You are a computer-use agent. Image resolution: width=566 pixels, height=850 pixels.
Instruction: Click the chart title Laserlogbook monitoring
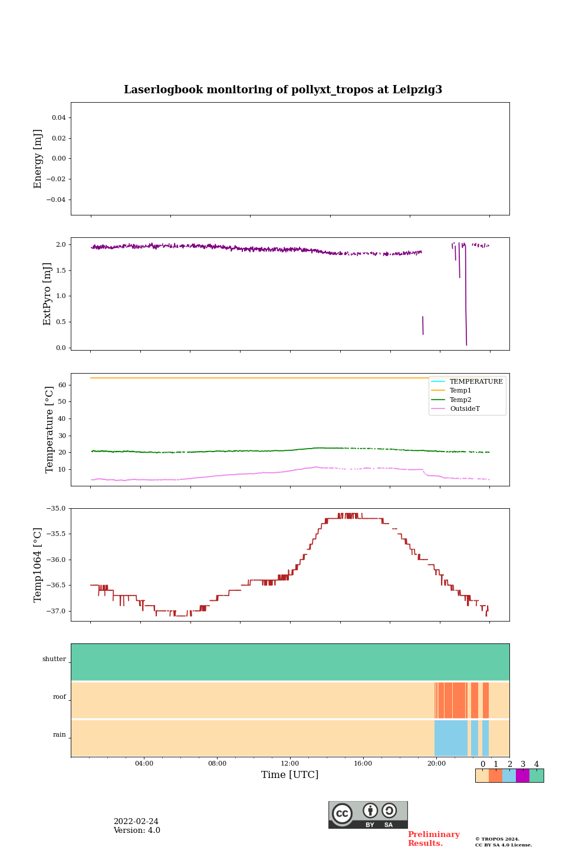[x=282, y=90]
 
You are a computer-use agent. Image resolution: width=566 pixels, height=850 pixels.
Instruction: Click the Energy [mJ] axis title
[x=38, y=159]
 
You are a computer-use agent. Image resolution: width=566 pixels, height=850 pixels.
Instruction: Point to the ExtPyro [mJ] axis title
[x=47, y=294]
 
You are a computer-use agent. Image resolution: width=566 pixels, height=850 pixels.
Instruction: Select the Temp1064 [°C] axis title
[x=38, y=565]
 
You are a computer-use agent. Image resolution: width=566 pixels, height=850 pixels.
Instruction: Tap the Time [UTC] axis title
[x=289, y=774]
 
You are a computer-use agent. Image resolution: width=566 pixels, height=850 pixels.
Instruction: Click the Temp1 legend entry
[x=460, y=391]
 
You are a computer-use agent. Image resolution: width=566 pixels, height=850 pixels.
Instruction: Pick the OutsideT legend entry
[x=465, y=408]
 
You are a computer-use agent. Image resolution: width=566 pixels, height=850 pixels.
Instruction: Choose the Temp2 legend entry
[x=460, y=400]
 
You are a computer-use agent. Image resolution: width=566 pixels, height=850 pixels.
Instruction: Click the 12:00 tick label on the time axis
[x=289, y=763]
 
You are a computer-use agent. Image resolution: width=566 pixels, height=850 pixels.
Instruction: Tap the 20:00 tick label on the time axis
[x=436, y=763]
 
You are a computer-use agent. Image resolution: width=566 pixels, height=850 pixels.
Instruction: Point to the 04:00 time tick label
[x=144, y=763]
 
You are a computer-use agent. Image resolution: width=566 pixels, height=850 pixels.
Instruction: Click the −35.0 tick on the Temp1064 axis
[x=56, y=508]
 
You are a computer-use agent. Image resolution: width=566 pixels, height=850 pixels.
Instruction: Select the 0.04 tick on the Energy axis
[x=58, y=118]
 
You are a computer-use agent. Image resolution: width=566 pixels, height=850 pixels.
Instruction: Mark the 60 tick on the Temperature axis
[x=61, y=385]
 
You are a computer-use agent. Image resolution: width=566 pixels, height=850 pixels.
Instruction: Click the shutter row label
[x=54, y=659]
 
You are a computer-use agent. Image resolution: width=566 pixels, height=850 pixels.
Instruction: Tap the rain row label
[x=60, y=735]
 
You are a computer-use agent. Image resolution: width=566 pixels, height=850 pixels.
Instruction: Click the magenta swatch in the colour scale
[x=522, y=776]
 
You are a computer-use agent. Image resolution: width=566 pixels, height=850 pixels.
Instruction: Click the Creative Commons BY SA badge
[x=368, y=815]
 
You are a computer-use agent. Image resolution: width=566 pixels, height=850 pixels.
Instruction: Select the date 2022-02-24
[x=136, y=822]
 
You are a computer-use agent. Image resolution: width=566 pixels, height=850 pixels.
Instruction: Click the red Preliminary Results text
[x=433, y=839]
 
